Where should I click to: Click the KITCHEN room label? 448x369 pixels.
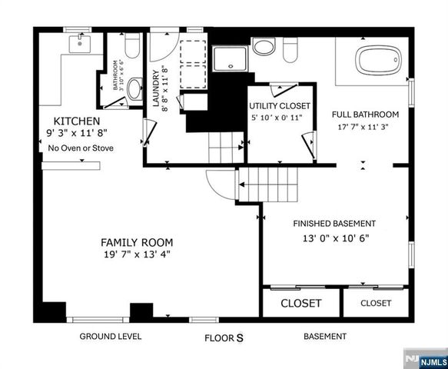(76, 121)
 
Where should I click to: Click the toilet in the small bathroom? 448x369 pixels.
(132, 50)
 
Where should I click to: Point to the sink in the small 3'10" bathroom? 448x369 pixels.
(134, 90)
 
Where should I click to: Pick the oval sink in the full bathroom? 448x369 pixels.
(263, 47)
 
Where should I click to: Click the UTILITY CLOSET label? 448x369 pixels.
(280, 105)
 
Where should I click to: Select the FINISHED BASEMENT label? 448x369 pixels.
(334, 224)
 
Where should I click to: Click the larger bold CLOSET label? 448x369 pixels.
(300, 303)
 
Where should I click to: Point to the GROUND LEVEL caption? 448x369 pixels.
(111, 337)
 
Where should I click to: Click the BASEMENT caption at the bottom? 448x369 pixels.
(324, 337)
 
